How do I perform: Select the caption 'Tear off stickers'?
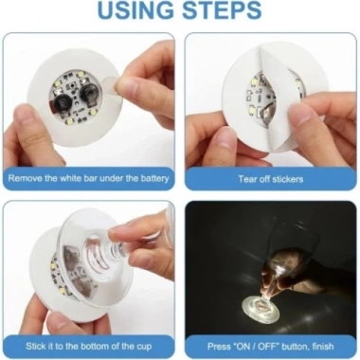pos(270,177)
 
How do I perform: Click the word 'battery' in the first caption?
pos(153,177)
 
